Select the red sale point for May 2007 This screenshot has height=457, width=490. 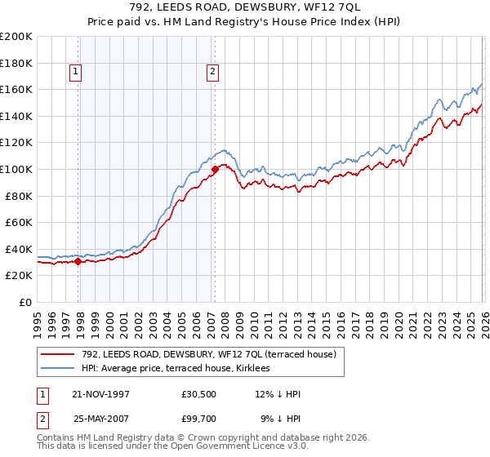[215, 170]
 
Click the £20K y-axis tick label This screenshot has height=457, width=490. [19, 276]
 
